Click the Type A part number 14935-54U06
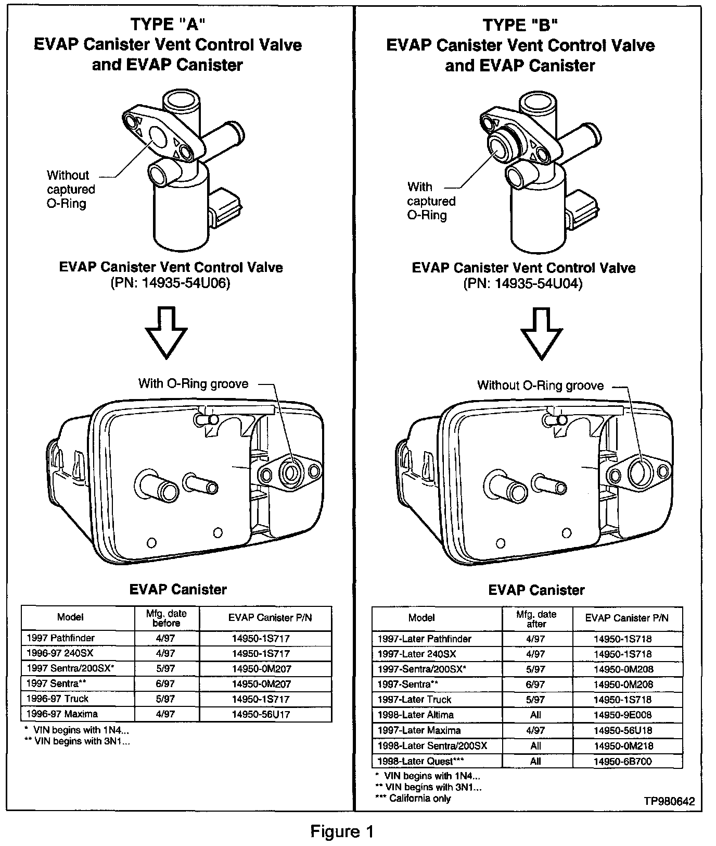click(x=170, y=283)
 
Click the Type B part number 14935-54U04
click(x=523, y=284)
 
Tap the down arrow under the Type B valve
click(x=542, y=333)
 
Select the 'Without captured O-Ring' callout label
click(x=71, y=190)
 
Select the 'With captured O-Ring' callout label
click(x=431, y=201)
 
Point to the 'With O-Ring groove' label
click(x=193, y=384)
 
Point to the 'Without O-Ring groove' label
click(x=541, y=385)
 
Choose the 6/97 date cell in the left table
click(x=167, y=684)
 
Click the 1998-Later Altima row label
click(x=416, y=715)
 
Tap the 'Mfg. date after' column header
click(x=536, y=619)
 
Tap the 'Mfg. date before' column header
click(x=167, y=618)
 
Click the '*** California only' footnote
click(x=413, y=799)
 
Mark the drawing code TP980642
click(x=669, y=802)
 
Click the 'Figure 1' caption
click(x=342, y=831)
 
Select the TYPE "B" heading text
click(x=520, y=24)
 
